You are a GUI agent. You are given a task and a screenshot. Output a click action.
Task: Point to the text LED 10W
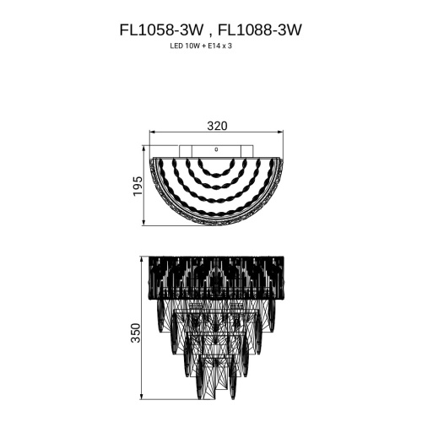(186, 47)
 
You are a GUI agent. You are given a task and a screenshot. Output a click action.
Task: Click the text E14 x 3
(225, 47)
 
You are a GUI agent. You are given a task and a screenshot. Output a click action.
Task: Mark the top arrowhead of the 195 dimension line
(145, 158)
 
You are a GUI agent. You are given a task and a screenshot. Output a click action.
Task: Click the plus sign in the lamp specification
(205, 47)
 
